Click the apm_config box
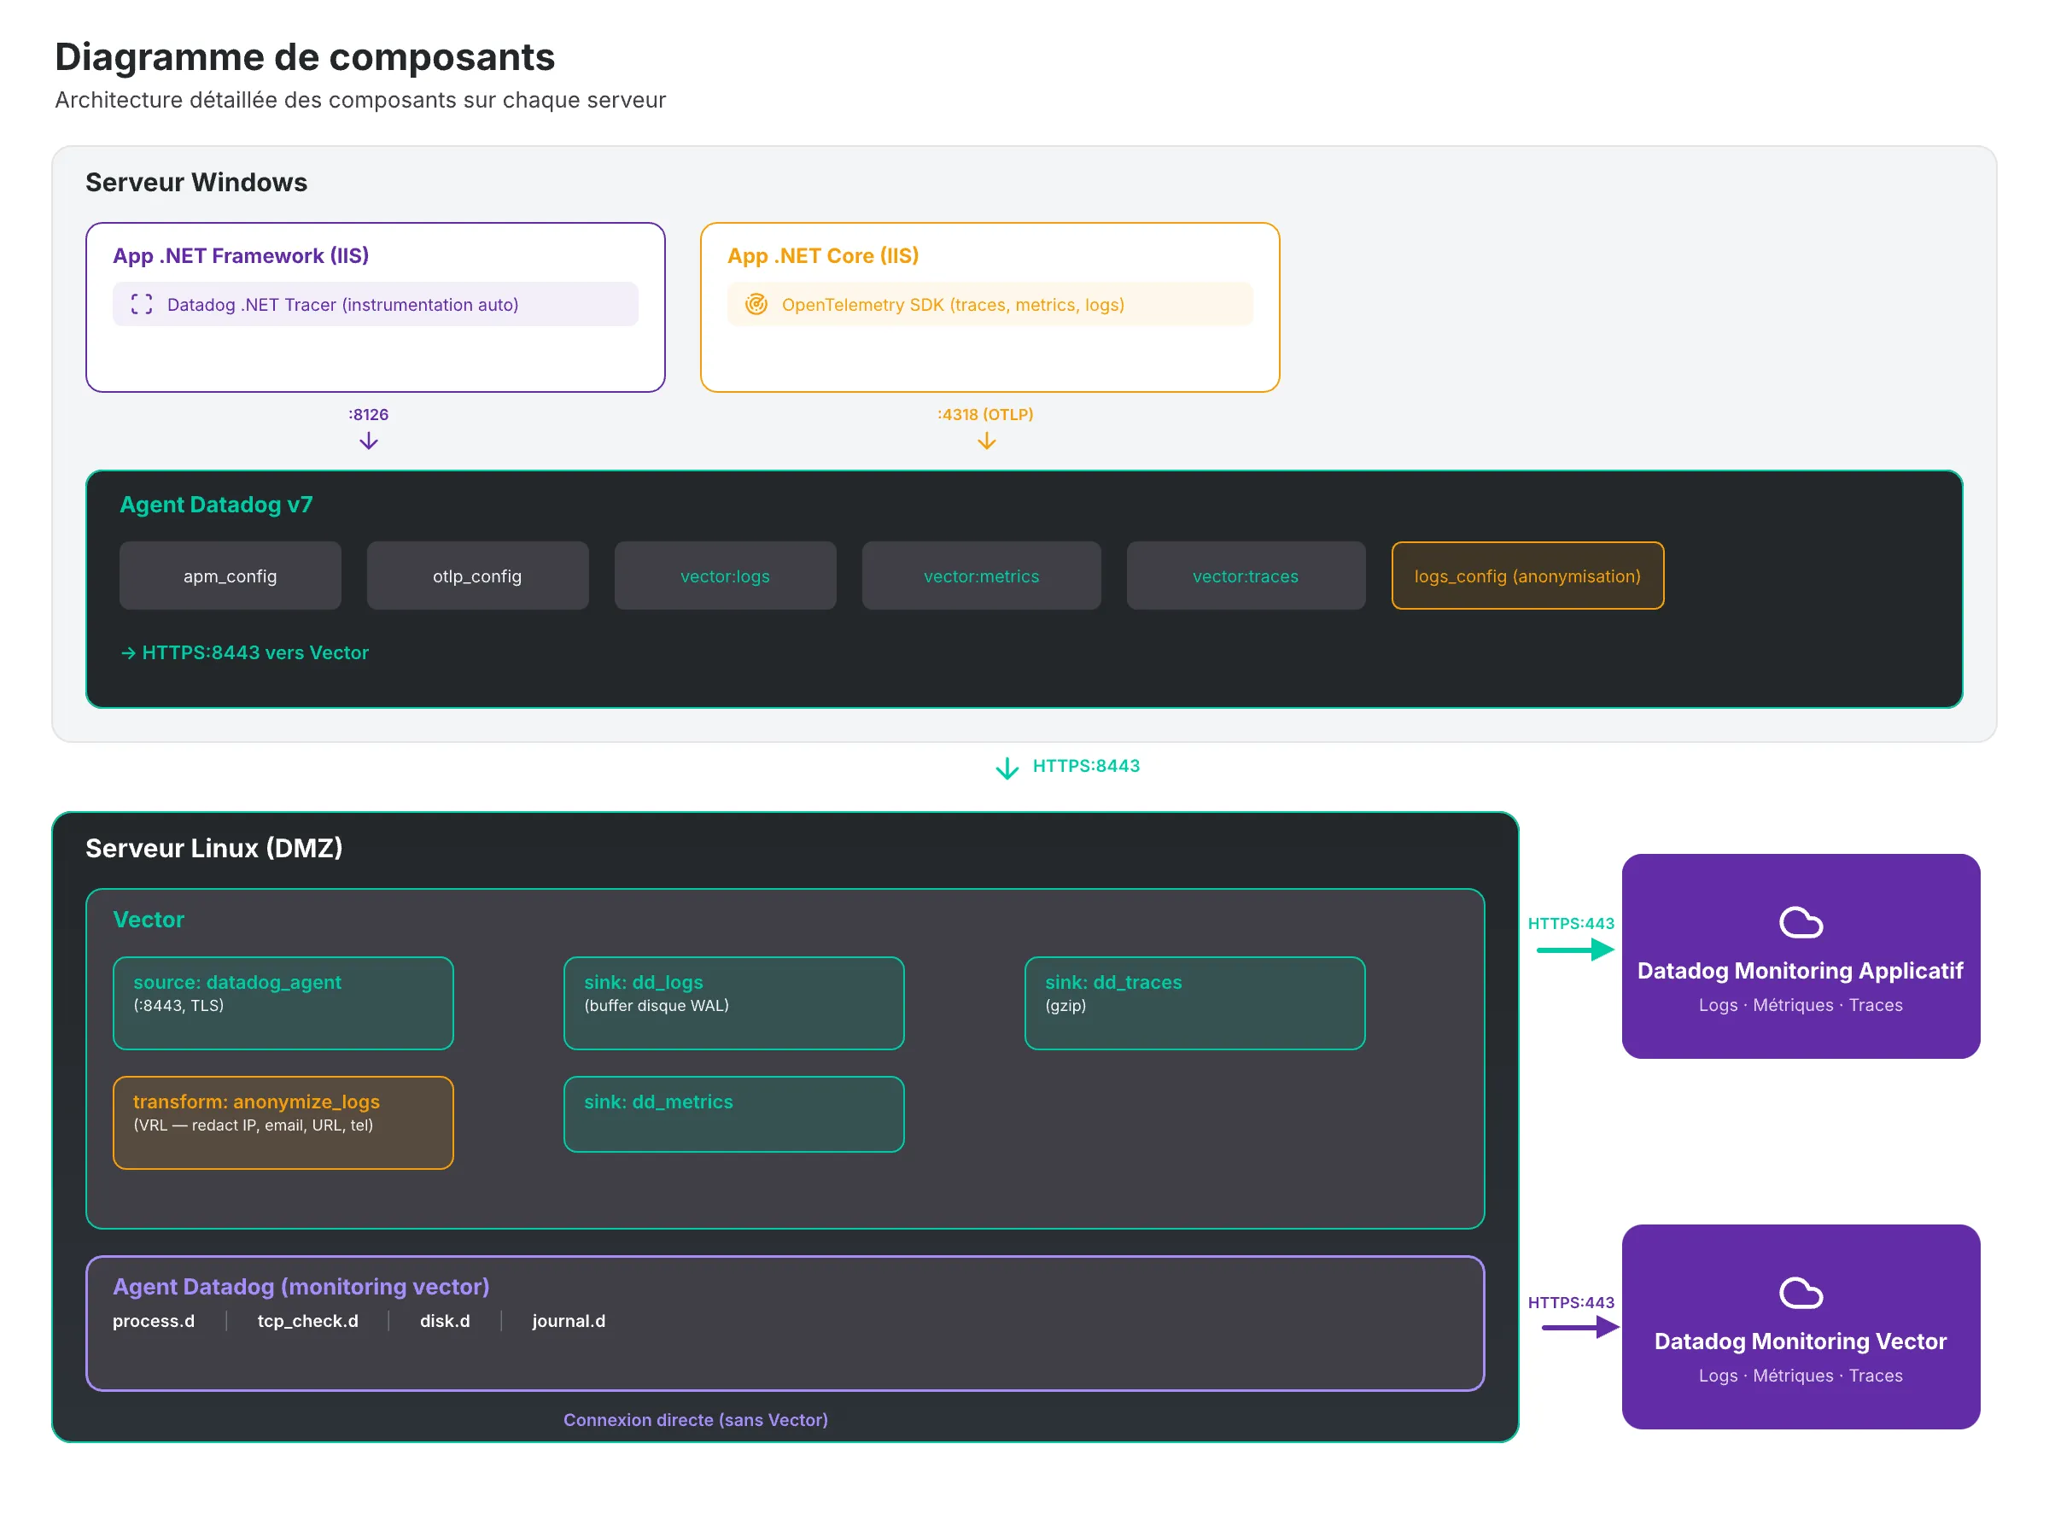[230, 576]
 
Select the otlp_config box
[477, 576]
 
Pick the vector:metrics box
[981, 576]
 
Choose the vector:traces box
[1245, 576]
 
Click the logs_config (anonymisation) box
[1527, 576]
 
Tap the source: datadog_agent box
[283, 1002]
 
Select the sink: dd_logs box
[733, 1002]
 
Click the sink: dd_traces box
[1194, 1002]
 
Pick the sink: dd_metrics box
[733, 1113]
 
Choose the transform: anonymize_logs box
[283, 1122]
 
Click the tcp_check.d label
[307, 1320]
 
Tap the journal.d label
[568, 1320]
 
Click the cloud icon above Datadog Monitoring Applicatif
[1800, 923]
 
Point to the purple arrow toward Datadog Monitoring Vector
[1579, 1327]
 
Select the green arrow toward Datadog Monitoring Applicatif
[1574, 950]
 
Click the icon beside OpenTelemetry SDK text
[756, 304]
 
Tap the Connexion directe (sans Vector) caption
[695, 1419]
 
